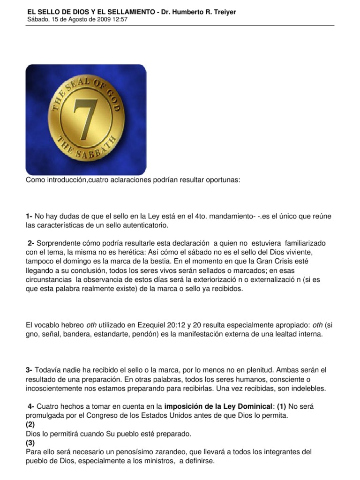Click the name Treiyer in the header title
[223, 12]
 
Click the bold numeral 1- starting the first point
[29, 217]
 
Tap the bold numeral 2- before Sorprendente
[31, 244]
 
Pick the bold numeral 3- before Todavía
[29, 370]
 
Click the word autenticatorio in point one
[144, 226]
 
